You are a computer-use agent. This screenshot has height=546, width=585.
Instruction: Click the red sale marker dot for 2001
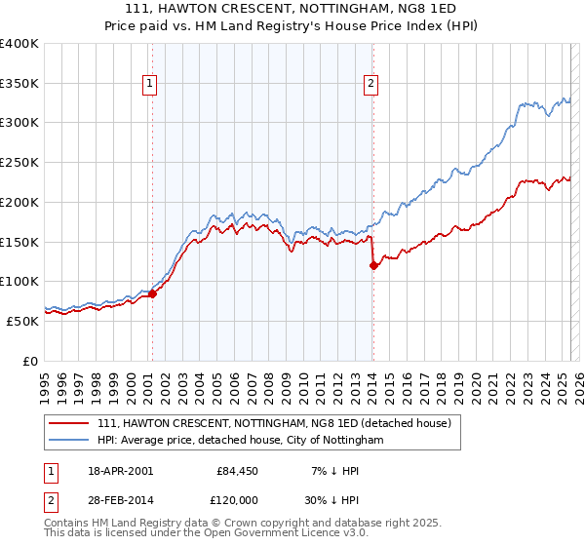[x=152, y=293]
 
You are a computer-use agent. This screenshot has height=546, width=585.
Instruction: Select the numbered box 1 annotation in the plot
[x=150, y=85]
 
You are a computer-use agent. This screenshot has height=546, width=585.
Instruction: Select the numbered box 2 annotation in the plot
[x=371, y=85]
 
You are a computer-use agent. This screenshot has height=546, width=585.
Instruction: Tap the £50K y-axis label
[x=22, y=321]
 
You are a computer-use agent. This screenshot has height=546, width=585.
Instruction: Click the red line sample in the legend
[x=69, y=424]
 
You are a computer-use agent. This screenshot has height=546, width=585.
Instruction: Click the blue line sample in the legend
[x=69, y=441]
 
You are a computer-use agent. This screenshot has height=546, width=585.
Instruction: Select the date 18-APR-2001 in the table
[x=117, y=471]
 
